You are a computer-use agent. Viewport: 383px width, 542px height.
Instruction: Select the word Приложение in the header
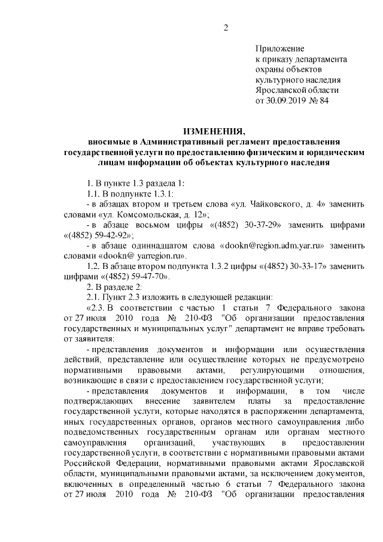click(279, 49)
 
